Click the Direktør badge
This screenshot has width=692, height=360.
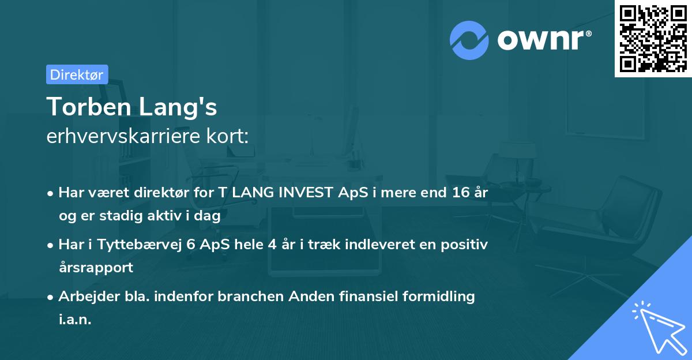[77, 74]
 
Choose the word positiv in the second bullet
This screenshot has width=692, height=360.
[467, 245]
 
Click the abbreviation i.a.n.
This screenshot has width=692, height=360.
[75, 319]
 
